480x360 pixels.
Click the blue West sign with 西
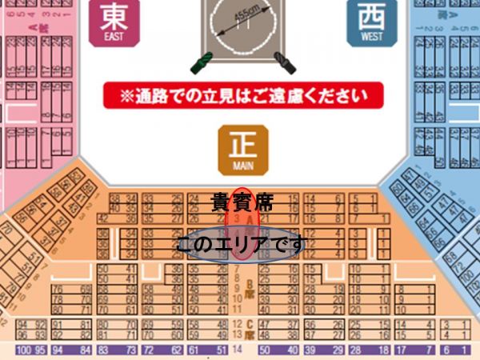(x=370, y=22)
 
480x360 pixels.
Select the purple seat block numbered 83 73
(x=113, y=350)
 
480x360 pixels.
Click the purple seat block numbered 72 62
(x=154, y=350)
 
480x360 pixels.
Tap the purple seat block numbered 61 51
(x=203, y=350)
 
